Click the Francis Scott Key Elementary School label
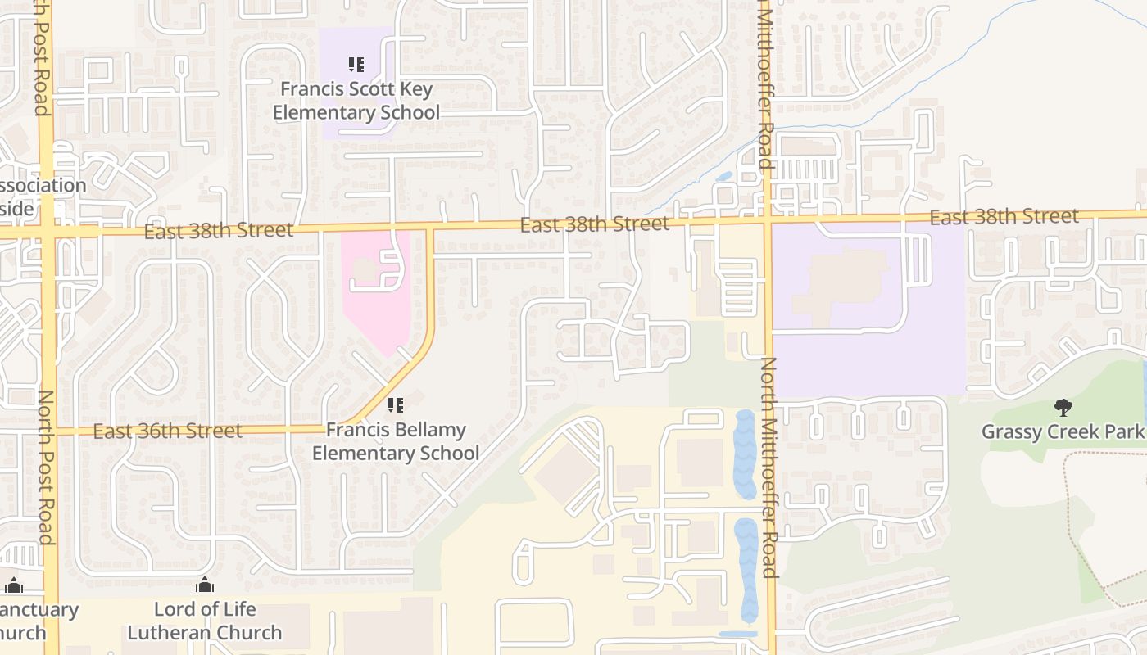point(356,101)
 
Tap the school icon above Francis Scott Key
point(356,64)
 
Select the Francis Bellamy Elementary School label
point(396,441)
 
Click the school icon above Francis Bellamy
point(396,404)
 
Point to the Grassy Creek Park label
point(1063,431)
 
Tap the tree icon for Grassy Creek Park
point(1063,407)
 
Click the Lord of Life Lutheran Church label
point(205,621)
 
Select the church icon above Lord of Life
point(205,585)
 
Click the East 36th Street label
point(167,431)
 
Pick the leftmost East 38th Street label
point(219,231)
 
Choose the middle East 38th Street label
point(594,224)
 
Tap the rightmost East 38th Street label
point(1004,217)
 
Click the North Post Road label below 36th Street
point(46,467)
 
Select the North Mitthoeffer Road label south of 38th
point(770,467)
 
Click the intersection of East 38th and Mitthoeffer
point(768,219)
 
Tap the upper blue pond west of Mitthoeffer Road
point(744,454)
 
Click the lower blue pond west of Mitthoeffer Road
point(747,569)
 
